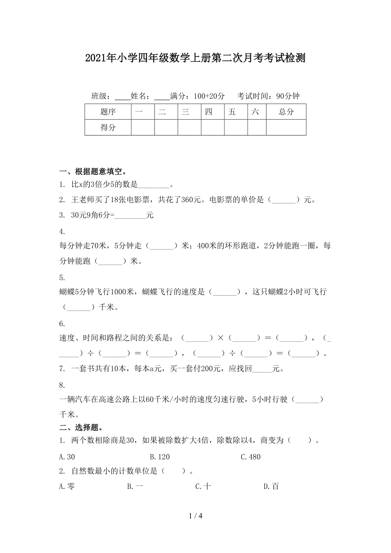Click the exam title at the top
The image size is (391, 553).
point(195,58)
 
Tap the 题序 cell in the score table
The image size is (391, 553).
point(108,112)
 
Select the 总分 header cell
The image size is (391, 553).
point(286,112)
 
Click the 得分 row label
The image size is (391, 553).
point(108,127)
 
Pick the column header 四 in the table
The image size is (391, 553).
point(208,112)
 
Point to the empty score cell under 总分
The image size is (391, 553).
point(286,127)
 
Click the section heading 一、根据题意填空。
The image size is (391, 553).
point(92,172)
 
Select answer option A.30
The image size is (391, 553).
point(67,457)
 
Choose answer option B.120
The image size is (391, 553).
point(160,457)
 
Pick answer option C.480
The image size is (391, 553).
point(250,457)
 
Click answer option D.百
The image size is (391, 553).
point(271,486)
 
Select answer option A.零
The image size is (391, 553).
point(67,486)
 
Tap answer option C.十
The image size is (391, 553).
point(203,486)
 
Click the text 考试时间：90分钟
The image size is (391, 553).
point(269,96)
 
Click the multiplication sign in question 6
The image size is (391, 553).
point(220,339)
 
